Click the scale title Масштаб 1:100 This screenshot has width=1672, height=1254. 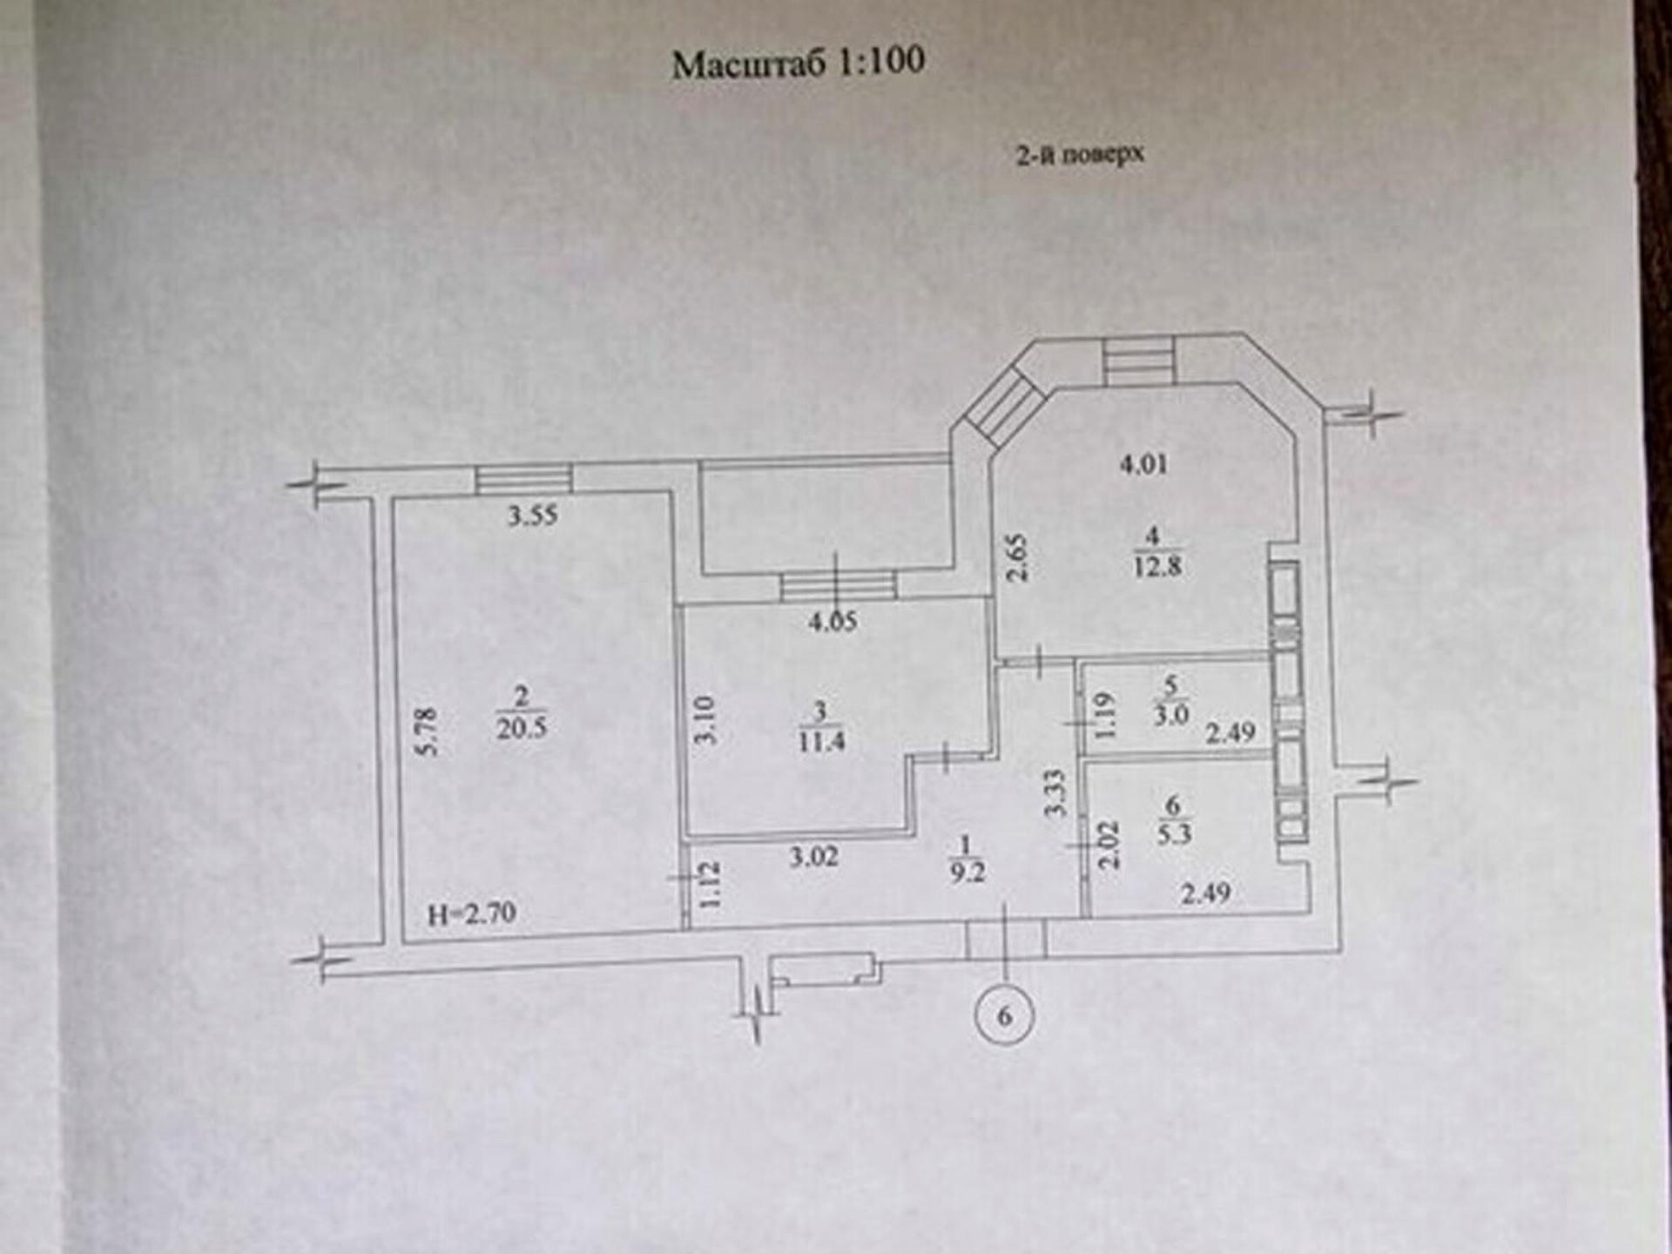click(x=798, y=63)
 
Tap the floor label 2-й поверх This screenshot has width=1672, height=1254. click(x=1080, y=154)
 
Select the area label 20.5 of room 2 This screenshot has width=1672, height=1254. click(x=522, y=728)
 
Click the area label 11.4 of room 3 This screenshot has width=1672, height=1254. click(x=820, y=742)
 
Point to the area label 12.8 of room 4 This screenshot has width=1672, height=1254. click(x=1157, y=567)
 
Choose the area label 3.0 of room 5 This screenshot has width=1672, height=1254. click(x=1171, y=716)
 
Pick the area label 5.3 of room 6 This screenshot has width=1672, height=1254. click(x=1174, y=834)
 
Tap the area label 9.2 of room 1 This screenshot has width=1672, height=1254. click(x=967, y=873)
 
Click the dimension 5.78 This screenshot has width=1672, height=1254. click(x=428, y=731)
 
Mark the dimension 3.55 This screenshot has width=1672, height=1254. click(x=533, y=516)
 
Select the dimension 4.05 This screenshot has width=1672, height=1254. click(x=833, y=622)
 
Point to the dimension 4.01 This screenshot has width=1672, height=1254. click(x=1143, y=464)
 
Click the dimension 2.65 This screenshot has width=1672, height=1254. click(x=1018, y=558)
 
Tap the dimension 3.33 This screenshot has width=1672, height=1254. click(x=1055, y=792)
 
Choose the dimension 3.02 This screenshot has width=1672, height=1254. click(x=814, y=857)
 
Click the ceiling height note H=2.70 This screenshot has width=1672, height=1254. click(x=472, y=914)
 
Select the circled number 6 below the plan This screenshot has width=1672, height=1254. click(x=1005, y=1015)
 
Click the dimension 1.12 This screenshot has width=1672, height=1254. click(x=711, y=885)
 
